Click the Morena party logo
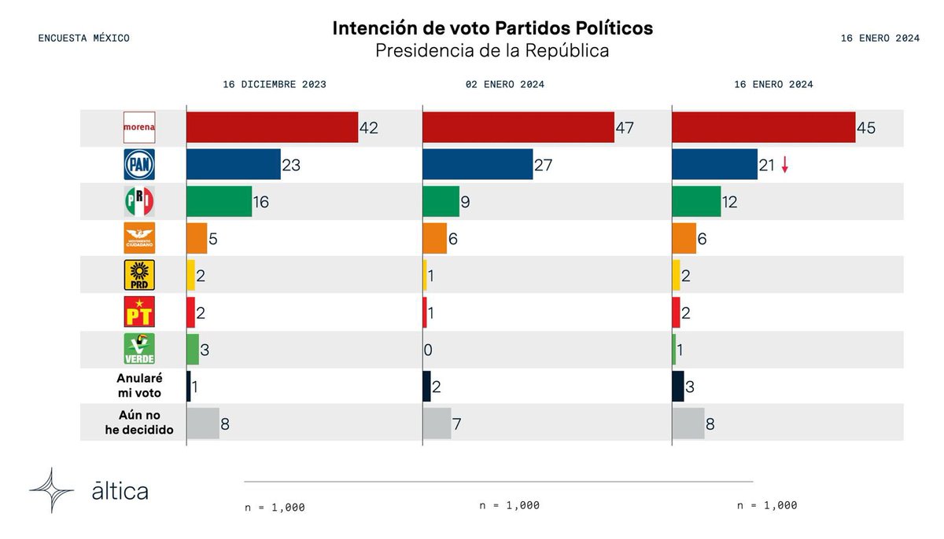(139, 127)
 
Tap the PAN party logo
(139, 164)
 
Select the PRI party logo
(139, 201)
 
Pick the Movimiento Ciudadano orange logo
(139, 238)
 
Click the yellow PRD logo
(139, 275)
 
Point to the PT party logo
(139, 312)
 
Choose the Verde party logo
(139, 349)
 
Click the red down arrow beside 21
(784, 164)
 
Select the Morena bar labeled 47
(518, 127)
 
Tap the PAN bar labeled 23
(234, 164)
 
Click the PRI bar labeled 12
(696, 201)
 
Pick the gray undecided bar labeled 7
(437, 423)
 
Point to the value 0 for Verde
(428, 350)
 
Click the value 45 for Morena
(866, 127)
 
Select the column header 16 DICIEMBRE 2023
(275, 85)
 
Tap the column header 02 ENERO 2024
(505, 85)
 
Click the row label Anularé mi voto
(139, 386)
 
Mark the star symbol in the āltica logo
(51, 490)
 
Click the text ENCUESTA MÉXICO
(84, 38)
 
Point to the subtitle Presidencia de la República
(492, 51)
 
